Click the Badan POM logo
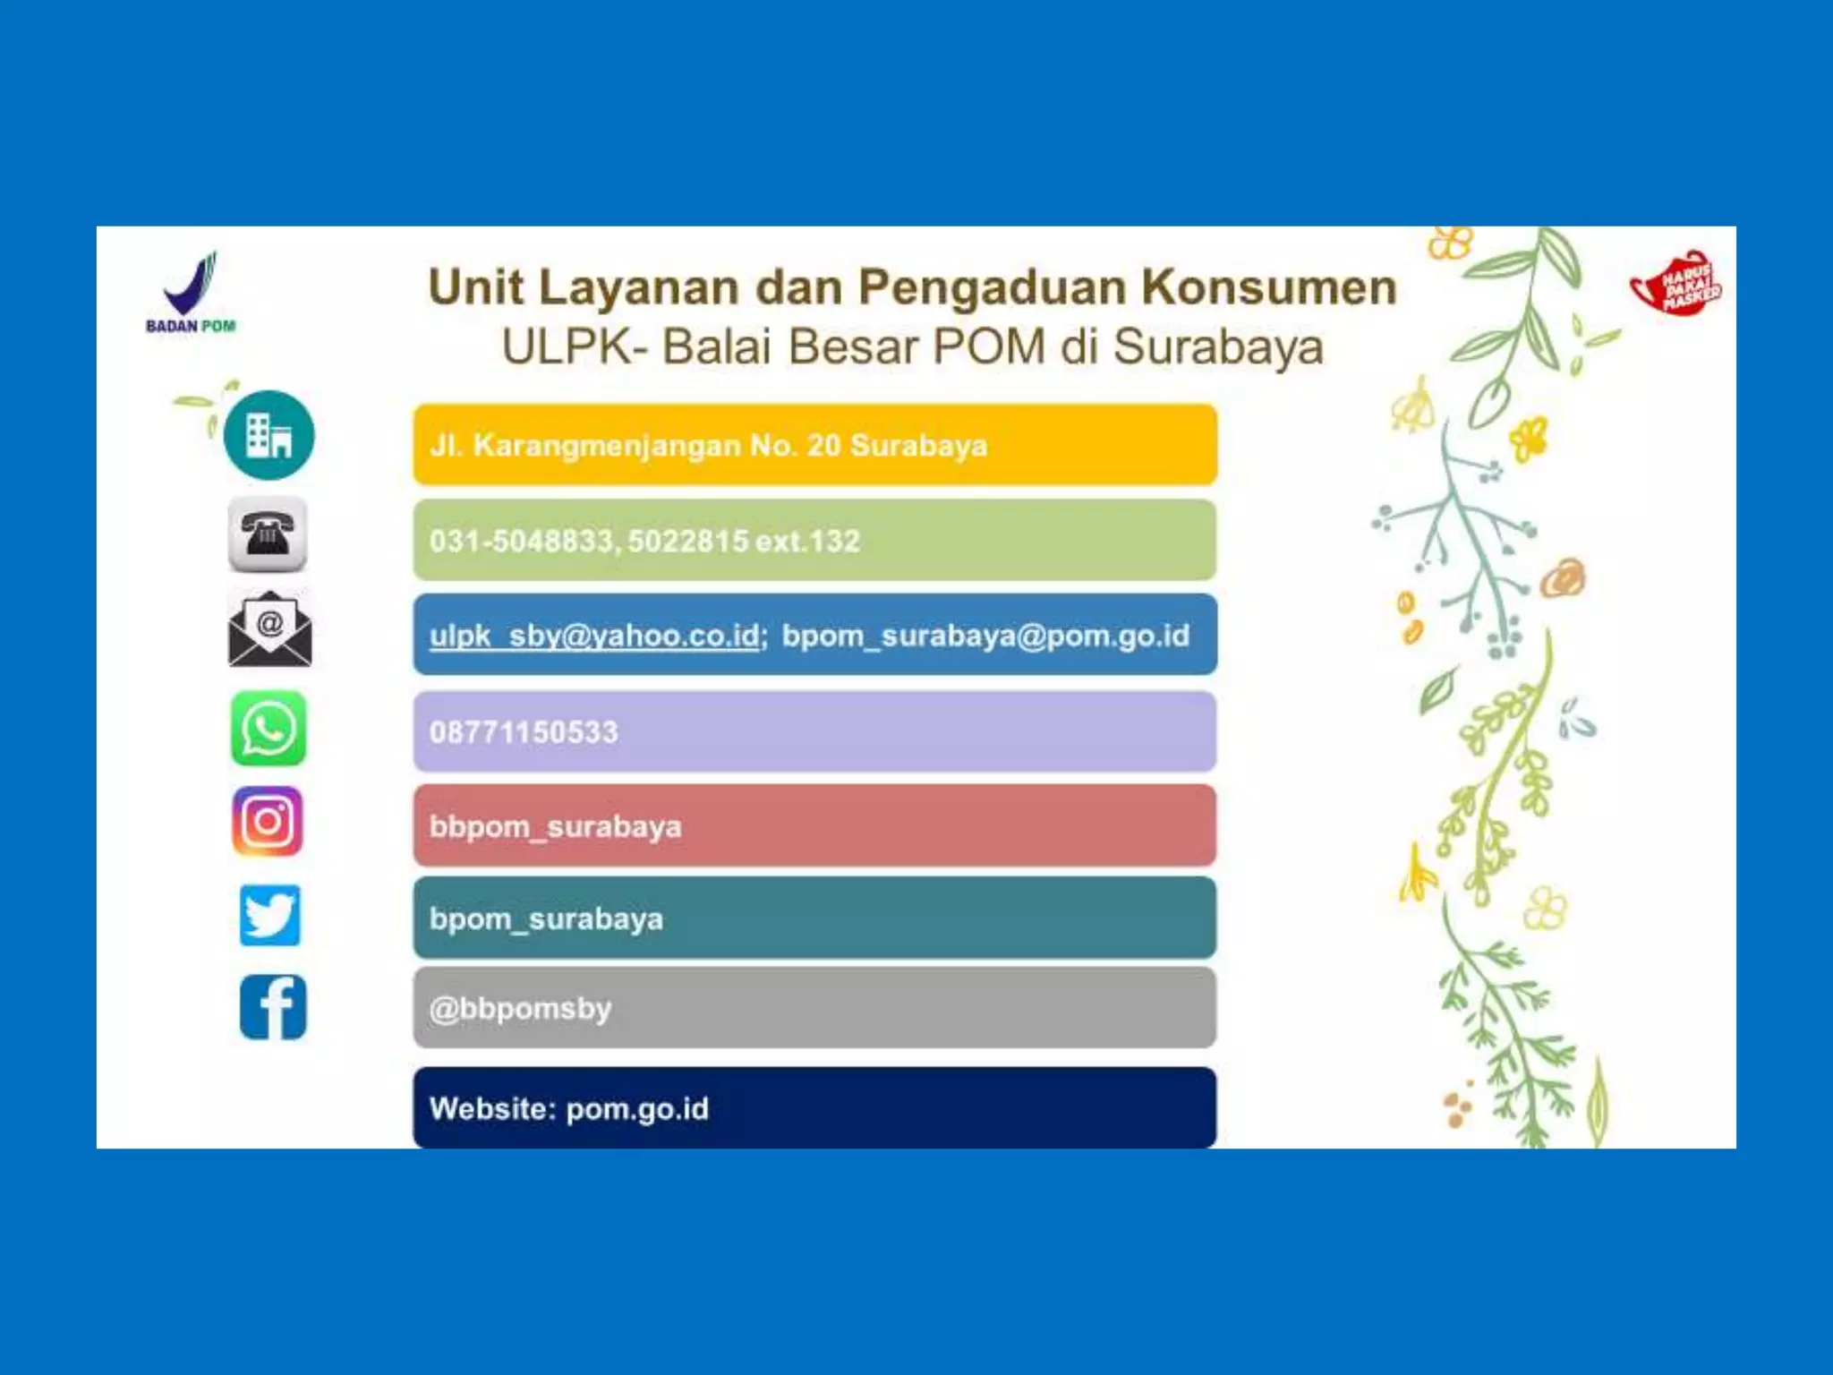(x=191, y=292)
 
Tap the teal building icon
(x=269, y=435)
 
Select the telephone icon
(x=268, y=534)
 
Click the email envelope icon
(x=269, y=629)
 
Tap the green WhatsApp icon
(x=269, y=728)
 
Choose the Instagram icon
(x=268, y=822)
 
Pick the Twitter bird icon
(x=269, y=915)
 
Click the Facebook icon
(x=273, y=1007)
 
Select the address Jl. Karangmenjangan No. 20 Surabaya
(x=708, y=446)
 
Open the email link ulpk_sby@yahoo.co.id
(x=595, y=636)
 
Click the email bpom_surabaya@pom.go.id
(x=985, y=636)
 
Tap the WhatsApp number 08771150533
(x=524, y=732)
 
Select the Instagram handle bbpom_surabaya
(x=555, y=826)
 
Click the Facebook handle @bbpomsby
(x=520, y=1009)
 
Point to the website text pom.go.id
(x=637, y=1109)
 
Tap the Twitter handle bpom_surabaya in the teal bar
(x=546, y=919)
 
